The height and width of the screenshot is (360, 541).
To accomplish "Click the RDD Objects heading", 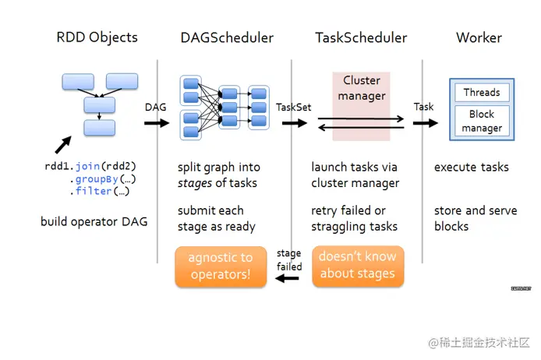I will (97, 37).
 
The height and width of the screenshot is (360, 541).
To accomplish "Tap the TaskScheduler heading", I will (361, 37).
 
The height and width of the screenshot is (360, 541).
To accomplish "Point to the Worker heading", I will (479, 37).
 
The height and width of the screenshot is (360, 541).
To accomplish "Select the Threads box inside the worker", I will (481, 93).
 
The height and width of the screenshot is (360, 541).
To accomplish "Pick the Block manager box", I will (481, 121).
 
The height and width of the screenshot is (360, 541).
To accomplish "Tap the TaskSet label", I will (294, 108).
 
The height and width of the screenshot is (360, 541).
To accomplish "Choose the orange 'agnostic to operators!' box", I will (220, 265).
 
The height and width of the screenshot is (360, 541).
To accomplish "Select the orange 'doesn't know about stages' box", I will (357, 265).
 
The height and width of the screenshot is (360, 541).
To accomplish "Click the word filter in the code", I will (94, 191).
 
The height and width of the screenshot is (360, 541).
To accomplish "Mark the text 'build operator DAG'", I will (94, 222).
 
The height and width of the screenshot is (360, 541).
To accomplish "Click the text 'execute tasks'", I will (471, 167).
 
